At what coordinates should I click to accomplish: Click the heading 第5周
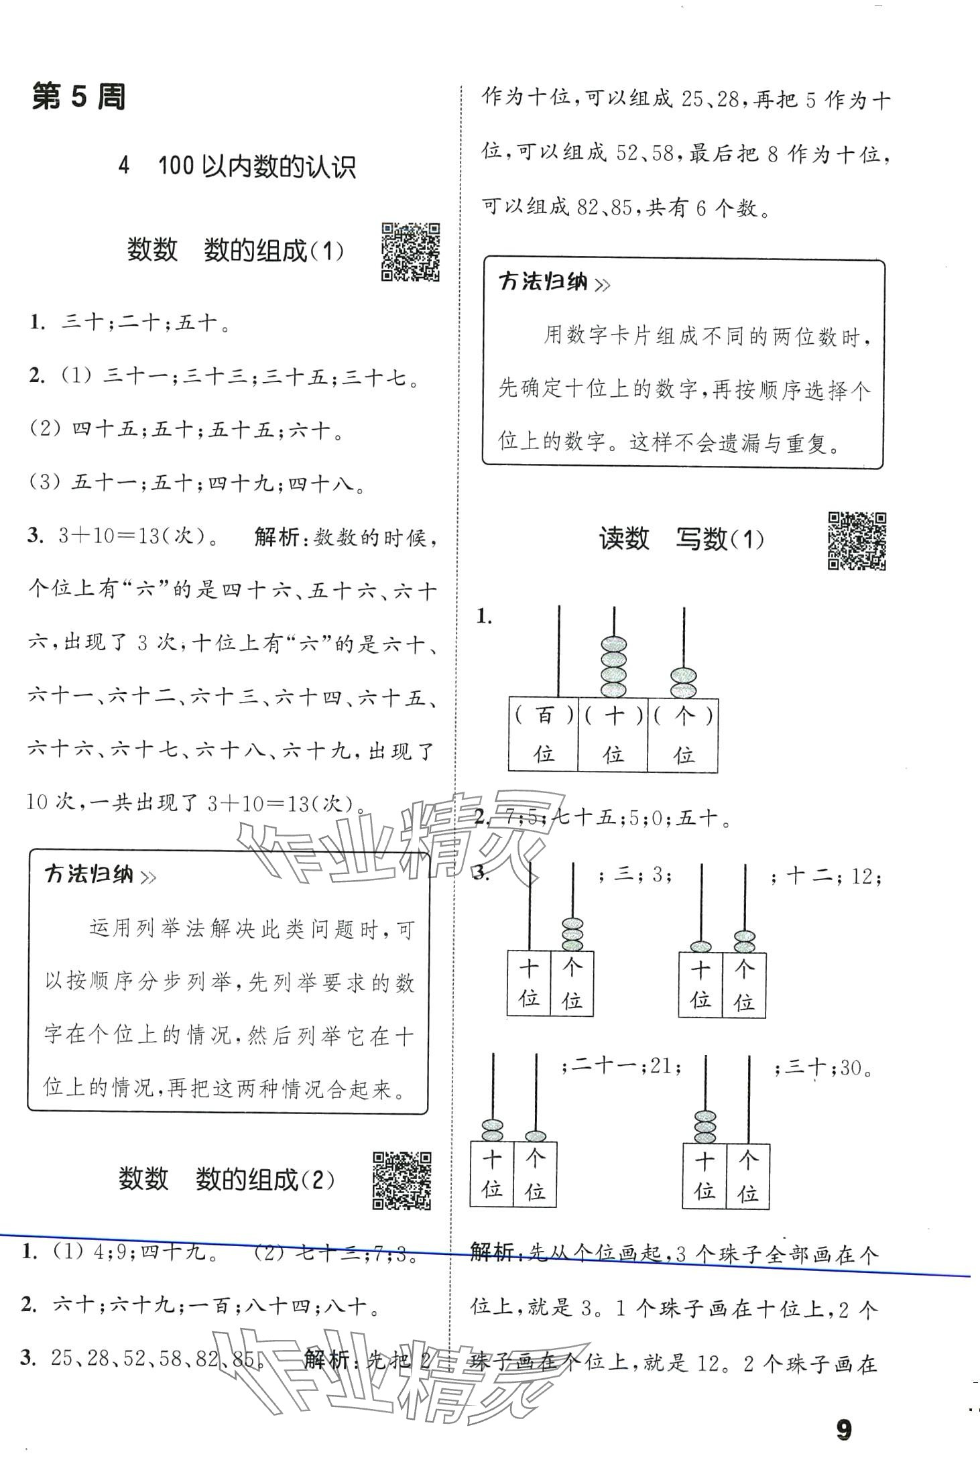coord(78,98)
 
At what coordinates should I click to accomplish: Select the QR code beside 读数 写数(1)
coord(856,541)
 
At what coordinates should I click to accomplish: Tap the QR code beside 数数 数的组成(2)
coord(402,1180)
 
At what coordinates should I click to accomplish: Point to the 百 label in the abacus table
coord(544,716)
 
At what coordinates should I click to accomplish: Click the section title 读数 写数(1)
coord(681,538)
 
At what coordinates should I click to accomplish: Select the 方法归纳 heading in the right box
coord(543,282)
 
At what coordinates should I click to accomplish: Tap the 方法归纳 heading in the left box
coord(89,875)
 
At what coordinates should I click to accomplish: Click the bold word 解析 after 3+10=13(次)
coord(277,538)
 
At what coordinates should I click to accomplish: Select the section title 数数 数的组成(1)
coord(235,250)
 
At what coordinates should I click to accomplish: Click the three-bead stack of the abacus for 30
coord(705,1127)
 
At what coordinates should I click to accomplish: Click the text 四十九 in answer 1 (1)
coord(174,1252)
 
